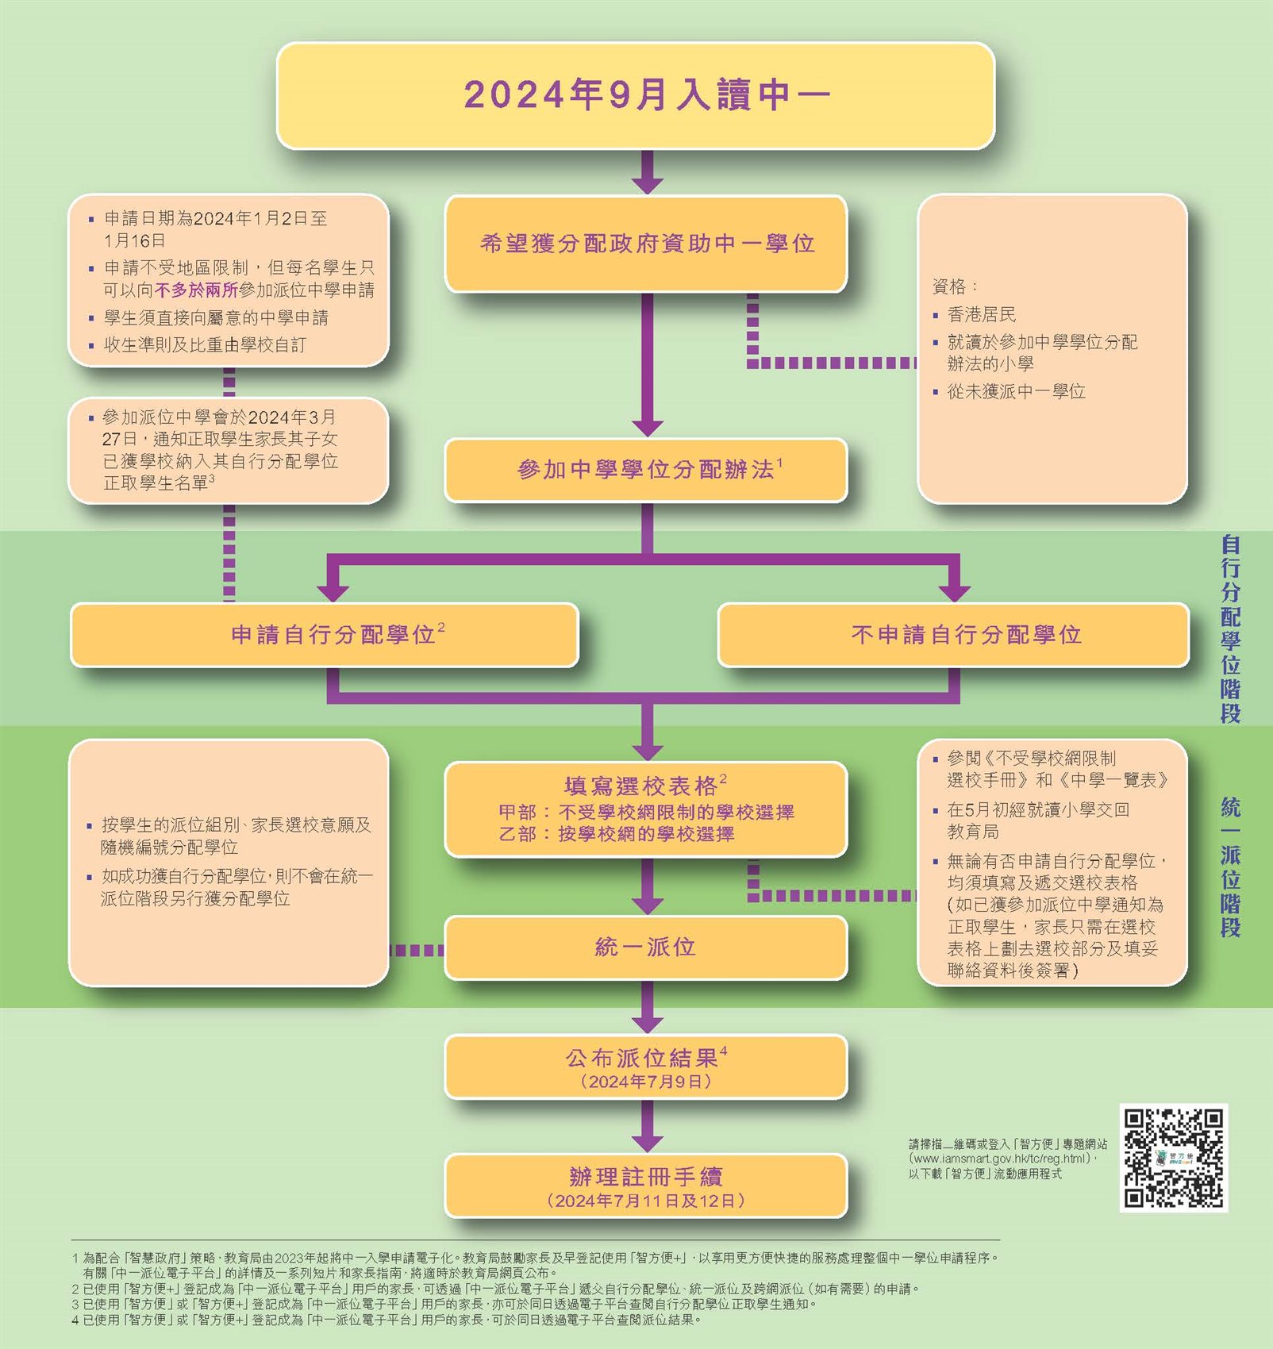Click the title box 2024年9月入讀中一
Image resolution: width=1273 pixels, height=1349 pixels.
[636, 95]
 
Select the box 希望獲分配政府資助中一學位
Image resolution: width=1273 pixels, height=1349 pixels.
[646, 244]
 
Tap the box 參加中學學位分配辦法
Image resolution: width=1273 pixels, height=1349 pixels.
[646, 470]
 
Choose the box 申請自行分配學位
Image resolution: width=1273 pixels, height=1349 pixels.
[324, 635]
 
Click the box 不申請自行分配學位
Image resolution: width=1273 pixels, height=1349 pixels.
[953, 635]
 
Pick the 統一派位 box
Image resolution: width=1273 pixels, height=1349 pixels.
[646, 947]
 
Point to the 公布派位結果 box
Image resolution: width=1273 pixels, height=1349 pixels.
[646, 1067]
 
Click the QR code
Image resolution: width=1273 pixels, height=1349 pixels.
[1174, 1158]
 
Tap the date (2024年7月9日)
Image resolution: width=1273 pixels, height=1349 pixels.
[646, 1082]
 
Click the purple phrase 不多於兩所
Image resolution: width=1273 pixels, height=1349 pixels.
[197, 290]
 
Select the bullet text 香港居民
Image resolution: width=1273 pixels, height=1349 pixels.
[982, 314]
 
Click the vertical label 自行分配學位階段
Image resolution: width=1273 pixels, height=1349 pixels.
[1230, 628]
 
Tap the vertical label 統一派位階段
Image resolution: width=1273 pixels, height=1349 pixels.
[1230, 867]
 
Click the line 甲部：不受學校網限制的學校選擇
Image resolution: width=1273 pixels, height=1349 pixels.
[646, 813]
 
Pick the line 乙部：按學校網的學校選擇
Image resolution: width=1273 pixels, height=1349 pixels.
[617, 834]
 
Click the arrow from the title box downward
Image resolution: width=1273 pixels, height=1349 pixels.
[648, 171]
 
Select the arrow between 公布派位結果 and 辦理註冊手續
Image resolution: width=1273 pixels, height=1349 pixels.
[648, 1126]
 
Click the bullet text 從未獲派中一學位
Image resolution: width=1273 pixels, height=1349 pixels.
[1017, 391]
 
